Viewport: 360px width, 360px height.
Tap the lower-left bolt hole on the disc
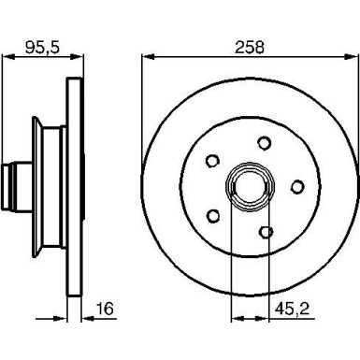pos(214,217)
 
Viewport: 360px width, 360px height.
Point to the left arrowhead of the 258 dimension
pos(145,59)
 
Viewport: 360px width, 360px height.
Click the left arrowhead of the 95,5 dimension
pos(4,59)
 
